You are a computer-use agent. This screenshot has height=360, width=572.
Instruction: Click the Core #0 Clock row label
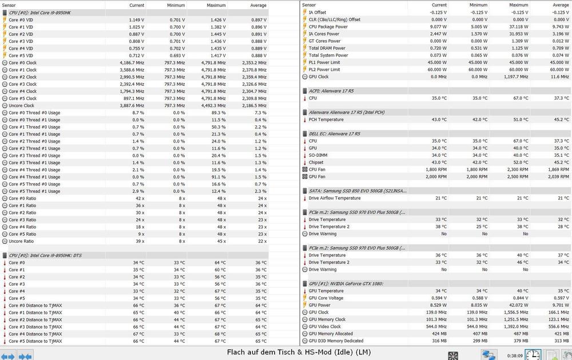[22, 62]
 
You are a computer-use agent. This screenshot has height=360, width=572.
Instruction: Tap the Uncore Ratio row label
[21, 241]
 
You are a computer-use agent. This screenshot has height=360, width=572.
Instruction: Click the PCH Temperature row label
[326, 120]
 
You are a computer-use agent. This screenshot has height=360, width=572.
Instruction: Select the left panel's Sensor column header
[10, 5]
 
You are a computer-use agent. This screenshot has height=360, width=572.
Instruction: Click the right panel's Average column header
[561, 5]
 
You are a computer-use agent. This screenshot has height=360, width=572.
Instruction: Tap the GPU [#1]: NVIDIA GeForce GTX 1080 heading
[345, 284]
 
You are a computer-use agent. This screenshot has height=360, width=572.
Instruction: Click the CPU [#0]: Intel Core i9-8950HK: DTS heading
[45, 255]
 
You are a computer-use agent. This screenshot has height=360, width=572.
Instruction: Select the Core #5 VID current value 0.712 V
[136, 56]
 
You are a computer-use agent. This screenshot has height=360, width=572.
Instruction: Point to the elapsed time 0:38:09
[514, 355]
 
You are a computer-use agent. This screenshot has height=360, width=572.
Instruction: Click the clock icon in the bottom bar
[533, 355]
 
